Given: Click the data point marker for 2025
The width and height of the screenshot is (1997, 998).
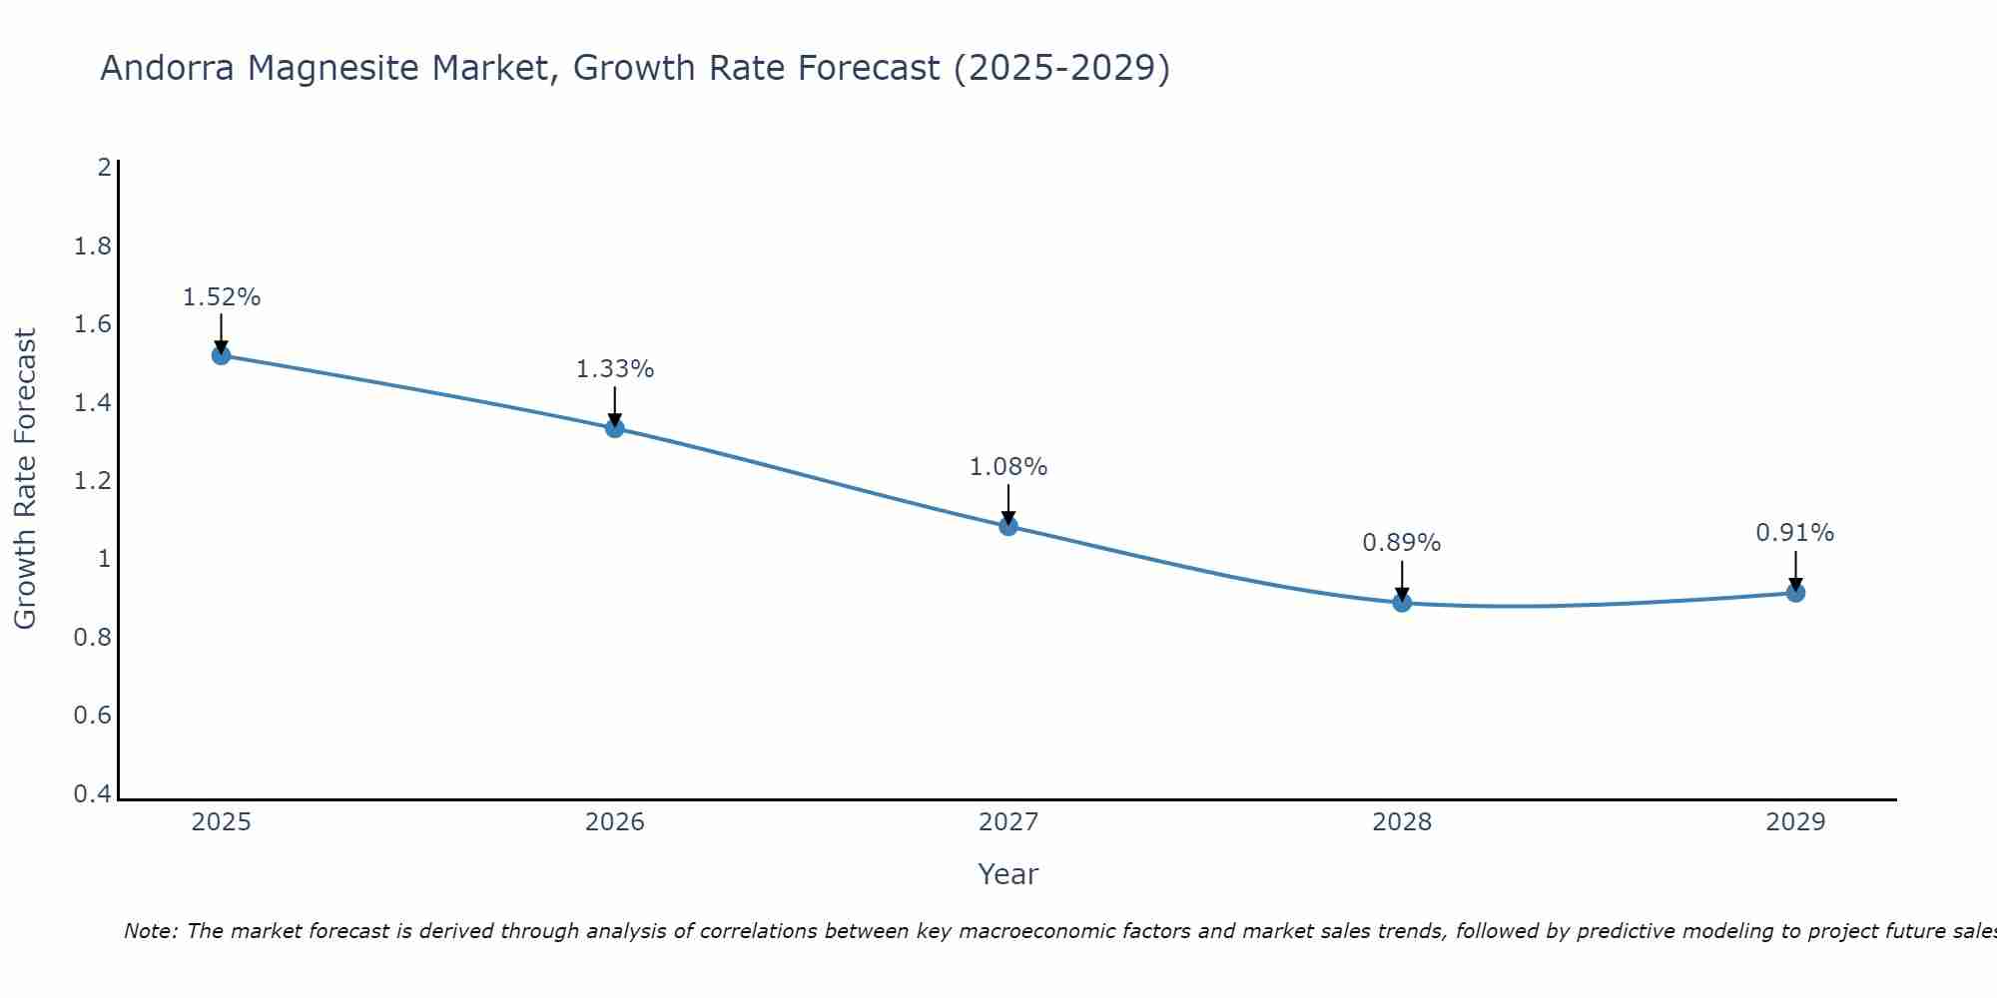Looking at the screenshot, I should tap(222, 355).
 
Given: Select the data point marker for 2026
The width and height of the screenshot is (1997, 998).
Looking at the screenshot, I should tap(615, 428).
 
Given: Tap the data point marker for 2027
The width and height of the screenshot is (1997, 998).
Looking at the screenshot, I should tap(1008, 526).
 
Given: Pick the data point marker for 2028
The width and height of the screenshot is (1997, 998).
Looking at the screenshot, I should tap(1402, 603).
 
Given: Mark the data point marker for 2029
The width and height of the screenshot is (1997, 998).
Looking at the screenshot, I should tap(1795, 593).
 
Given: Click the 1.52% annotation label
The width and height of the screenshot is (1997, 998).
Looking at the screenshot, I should tap(222, 297).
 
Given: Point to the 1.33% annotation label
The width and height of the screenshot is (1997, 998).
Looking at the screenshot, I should tap(615, 369).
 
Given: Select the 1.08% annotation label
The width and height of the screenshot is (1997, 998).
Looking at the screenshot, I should tap(1008, 467).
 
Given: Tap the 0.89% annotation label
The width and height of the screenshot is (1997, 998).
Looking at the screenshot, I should tap(1402, 543).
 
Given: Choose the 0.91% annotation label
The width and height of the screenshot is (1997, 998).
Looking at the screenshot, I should tap(1795, 533).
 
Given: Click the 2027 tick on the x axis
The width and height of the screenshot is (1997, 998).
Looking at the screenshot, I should tap(1008, 822).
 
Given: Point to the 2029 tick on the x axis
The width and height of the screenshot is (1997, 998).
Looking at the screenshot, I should tap(1795, 822).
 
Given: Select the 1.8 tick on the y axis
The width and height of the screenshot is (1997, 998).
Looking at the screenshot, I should tap(93, 247).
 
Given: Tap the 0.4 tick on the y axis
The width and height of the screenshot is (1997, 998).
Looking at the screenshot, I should tap(93, 794).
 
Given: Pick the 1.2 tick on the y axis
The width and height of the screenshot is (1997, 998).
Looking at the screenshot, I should tap(93, 481).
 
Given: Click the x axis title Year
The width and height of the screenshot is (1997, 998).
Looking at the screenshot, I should tap(1008, 874).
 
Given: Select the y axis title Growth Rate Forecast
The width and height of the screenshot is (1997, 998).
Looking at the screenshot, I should tap(25, 479).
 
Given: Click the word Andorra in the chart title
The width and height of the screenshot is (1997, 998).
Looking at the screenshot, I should tap(168, 68).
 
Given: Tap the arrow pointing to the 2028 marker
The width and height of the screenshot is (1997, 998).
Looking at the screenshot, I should tap(1402, 581).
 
